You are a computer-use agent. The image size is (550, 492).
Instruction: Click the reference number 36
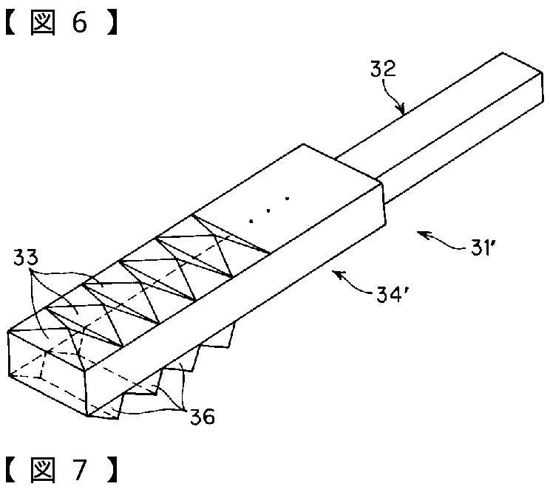(201, 417)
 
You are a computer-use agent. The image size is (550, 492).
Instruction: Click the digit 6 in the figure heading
(79, 23)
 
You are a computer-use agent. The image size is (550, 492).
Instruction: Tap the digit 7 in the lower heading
(79, 471)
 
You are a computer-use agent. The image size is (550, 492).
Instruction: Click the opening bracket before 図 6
(12, 23)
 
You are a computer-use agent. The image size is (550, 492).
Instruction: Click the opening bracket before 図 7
(12, 471)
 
